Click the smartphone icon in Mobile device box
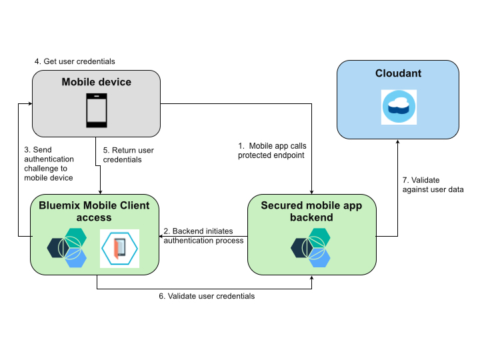coord(97,111)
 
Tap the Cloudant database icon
coord(399,107)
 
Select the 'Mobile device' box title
coord(97,82)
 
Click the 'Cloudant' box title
coord(399,73)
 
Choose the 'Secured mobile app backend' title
coord(311,211)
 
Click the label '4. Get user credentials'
coord(75,61)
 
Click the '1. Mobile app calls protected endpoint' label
coord(272,150)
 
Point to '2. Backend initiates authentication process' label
coord(203,235)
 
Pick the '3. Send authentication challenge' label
coord(49,164)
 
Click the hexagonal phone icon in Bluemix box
coord(119,249)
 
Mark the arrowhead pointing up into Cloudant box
coord(398,143)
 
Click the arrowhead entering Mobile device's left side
coord(28,104)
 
